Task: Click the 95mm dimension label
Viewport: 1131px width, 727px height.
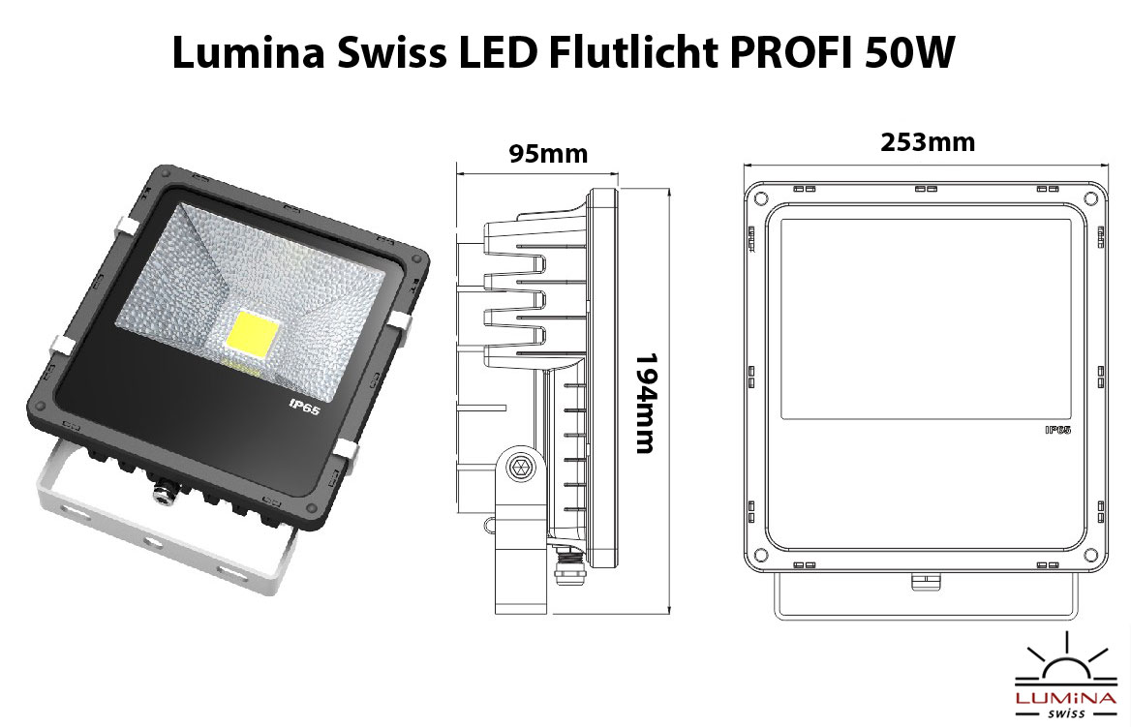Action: click(548, 154)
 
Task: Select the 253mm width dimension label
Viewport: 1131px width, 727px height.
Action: click(928, 142)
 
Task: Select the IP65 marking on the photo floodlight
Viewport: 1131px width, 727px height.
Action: click(304, 406)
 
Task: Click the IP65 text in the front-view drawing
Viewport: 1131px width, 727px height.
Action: click(1057, 430)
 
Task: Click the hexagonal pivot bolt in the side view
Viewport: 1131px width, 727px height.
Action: click(519, 469)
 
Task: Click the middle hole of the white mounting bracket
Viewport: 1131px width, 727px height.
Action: click(152, 541)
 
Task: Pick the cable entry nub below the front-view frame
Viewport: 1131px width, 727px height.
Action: click(924, 581)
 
